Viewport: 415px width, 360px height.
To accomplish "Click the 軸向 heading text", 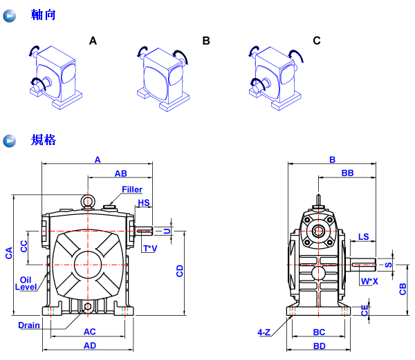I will pos(44,15).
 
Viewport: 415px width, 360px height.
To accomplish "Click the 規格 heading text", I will pos(44,140).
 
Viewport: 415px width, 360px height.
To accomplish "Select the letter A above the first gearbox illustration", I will pos(93,41).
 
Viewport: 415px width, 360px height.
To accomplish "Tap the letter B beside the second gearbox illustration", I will pos(206,41).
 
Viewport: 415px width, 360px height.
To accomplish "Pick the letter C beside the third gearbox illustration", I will pos(317,41).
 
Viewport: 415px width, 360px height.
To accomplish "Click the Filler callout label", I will pos(132,189).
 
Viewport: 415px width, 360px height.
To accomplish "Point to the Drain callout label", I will pos(29,325).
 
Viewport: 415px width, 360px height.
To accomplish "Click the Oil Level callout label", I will pos(26,283).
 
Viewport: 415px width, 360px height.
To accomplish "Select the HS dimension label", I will pos(144,203).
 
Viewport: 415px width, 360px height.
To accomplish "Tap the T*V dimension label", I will pos(149,247).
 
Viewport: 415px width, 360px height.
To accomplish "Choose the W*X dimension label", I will pos(369,281).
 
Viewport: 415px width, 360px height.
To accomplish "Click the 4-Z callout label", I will pos(264,332).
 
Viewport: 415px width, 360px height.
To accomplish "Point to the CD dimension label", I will pos(180,271).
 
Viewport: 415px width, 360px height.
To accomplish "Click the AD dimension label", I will pos(90,345).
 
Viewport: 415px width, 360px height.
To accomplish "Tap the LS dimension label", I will pos(363,237).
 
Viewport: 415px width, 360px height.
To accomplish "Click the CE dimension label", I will pos(364,312).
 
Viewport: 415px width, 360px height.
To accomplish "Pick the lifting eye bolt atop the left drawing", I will pos(89,201).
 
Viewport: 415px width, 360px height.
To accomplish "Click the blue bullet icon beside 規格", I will pos(10,141).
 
